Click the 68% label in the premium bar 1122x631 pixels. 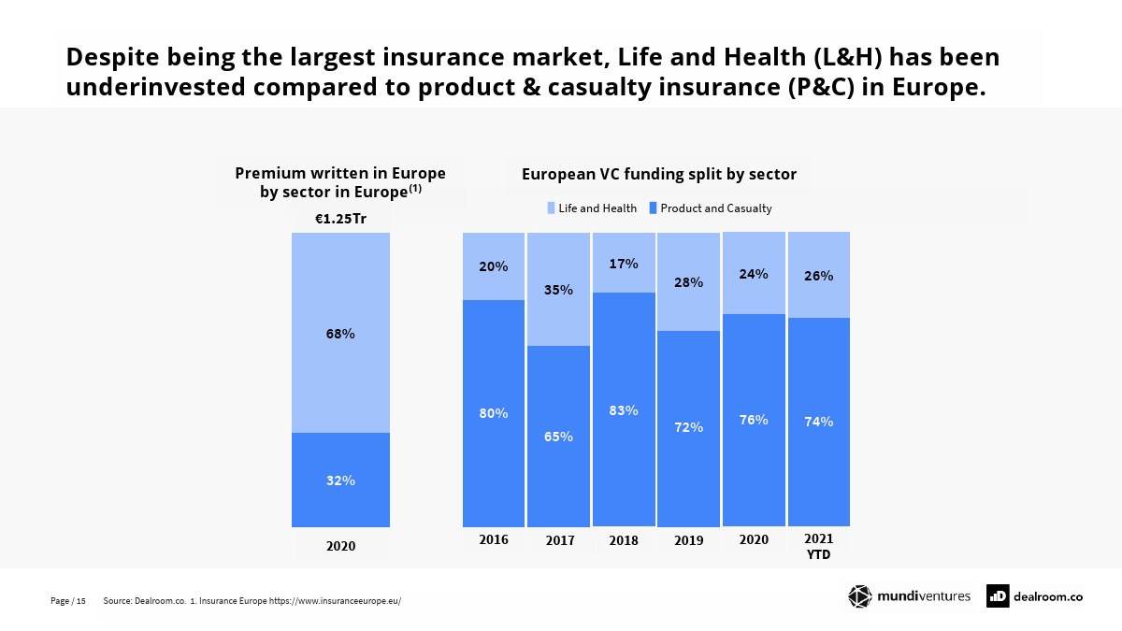click(340, 334)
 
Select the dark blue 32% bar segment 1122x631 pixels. click(340, 480)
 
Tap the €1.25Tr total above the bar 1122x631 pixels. click(340, 219)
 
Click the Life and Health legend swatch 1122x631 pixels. click(552, 208)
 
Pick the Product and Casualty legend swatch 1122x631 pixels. click(654, 208)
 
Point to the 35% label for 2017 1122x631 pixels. click(559, 290)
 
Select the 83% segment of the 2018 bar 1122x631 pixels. click(624, 409)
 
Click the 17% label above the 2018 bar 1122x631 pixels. click(624, 264)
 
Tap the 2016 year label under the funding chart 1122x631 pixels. click(494, 539)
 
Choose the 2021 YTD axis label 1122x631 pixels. click(819, 547)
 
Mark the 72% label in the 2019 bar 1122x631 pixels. click(689, 427)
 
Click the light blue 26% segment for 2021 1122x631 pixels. click(819, 276)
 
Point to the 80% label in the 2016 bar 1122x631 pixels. click(494, 413)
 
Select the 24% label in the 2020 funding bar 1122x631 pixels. click(754, 274)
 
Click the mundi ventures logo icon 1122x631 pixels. click(859, 596)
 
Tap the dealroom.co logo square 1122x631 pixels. click(998, 596)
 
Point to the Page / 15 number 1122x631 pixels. click(68, 601)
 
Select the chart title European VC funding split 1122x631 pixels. click(658, 174)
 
